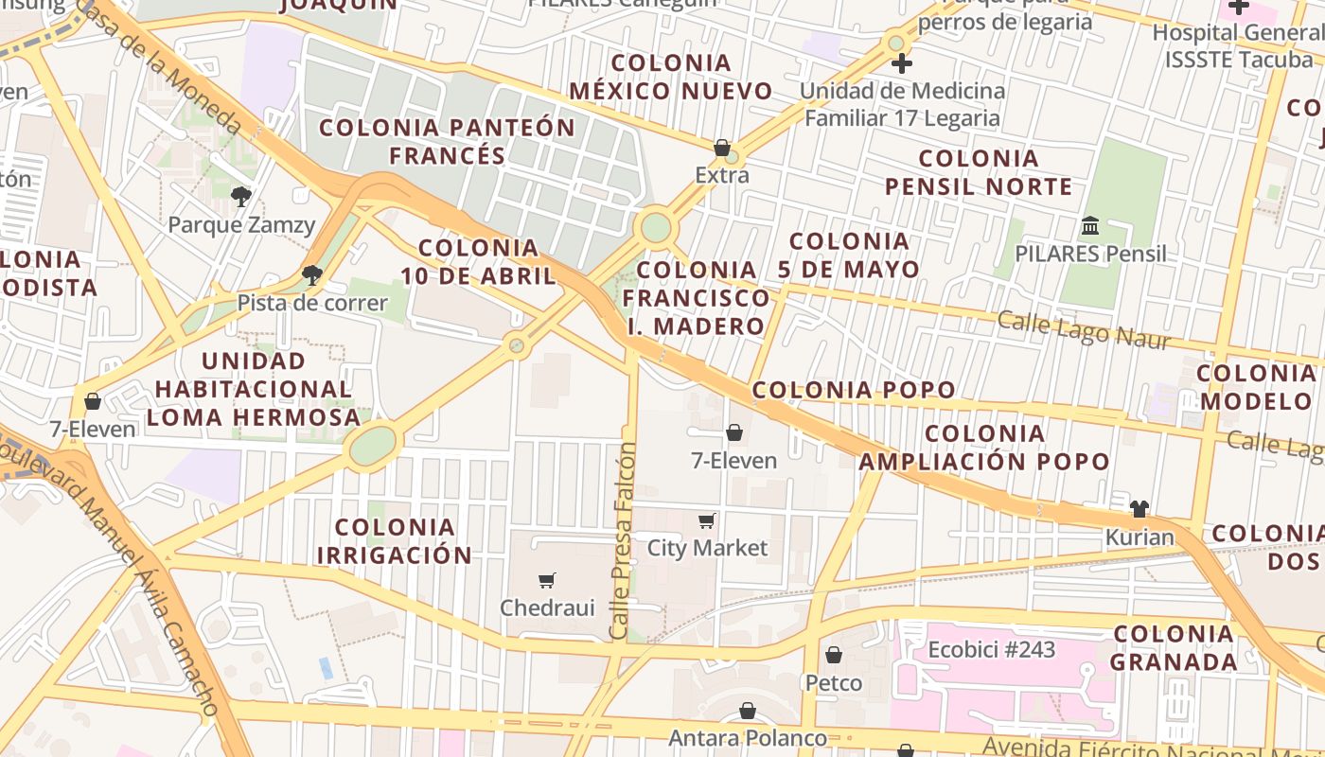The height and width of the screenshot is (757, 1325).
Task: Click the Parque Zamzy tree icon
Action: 240,197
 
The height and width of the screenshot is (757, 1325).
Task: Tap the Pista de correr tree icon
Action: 311,274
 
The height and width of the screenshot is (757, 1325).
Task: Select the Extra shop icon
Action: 722,148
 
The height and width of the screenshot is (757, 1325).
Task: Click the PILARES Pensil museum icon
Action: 1090,226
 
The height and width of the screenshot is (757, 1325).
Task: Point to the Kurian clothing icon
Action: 1139,509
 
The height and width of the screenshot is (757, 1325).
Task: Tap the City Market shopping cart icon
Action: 707,520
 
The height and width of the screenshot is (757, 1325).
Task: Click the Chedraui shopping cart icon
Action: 547,580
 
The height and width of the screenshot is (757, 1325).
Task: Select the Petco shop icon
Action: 834,655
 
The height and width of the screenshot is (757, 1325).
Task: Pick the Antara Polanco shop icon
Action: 748,711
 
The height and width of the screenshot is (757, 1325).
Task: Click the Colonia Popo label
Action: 854,390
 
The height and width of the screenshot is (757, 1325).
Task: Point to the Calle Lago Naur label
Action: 1084,330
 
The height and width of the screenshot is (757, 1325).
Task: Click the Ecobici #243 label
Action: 991,650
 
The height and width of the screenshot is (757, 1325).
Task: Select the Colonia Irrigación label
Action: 395,541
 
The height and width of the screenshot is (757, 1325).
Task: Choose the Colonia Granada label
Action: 1174,648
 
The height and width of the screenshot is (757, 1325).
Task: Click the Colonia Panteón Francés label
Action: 447,141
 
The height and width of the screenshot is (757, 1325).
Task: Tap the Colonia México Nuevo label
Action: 671,78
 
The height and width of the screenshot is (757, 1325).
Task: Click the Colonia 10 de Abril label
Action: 478,262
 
